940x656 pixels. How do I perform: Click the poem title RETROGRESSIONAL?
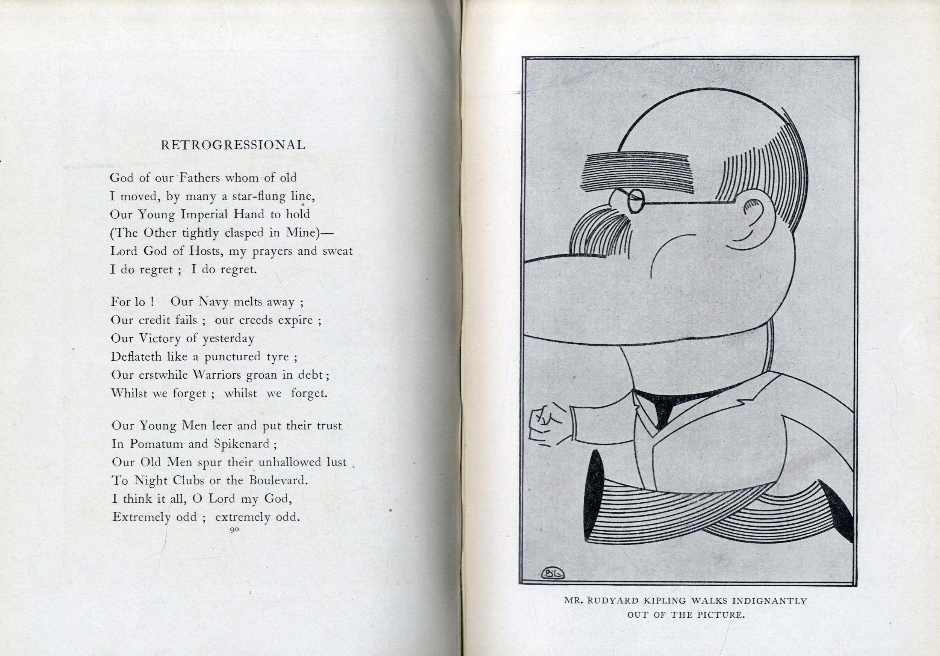click(x=233, y=145)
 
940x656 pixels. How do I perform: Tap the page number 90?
click(x=234, y=529)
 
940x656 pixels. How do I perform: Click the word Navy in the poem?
click(x=213, y=302)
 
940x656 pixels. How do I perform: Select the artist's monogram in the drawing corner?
click(x=553, y=574)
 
